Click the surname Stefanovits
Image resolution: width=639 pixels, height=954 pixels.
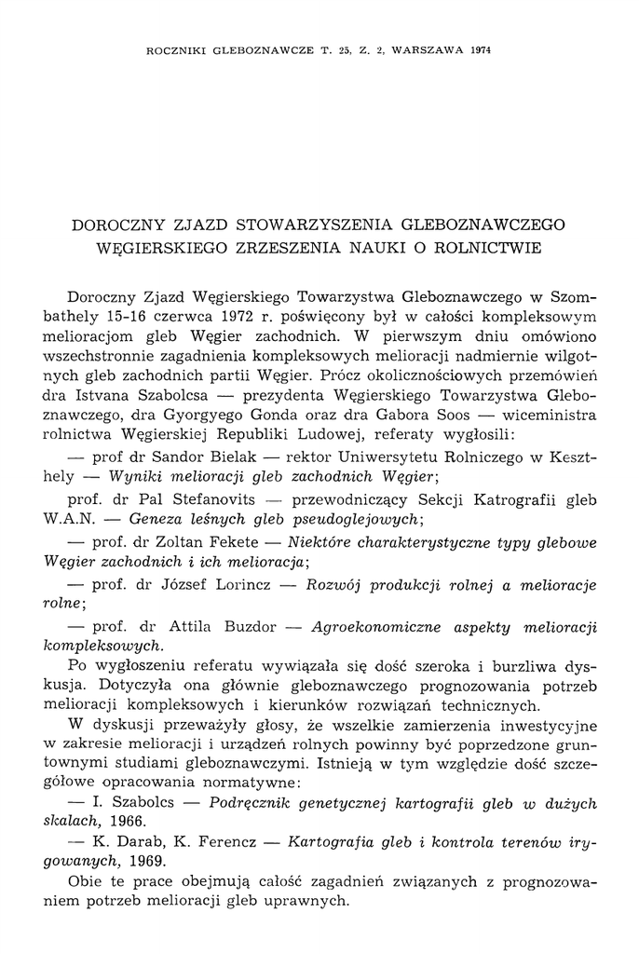[x=186, y=498]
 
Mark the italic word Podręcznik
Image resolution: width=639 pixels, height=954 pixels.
[x=252, y=803]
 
